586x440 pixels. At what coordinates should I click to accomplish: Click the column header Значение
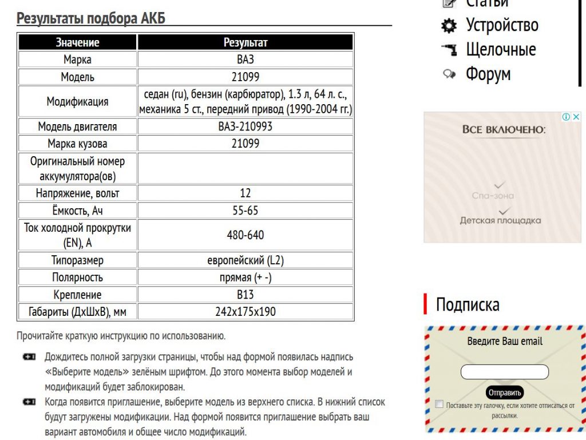coord(77,42)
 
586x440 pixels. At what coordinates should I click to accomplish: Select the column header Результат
coord(245,42)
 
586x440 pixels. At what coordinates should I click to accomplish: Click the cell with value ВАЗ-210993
coord(245,126)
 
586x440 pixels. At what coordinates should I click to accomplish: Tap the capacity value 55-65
coord(245,211)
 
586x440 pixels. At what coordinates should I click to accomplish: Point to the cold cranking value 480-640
coord(245,235)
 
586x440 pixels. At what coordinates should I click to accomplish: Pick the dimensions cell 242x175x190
coord(245,312)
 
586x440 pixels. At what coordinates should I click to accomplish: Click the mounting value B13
coord(245,295)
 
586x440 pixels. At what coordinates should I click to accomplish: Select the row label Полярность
coord(77,278)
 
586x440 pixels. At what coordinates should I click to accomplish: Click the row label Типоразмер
coord(77,260)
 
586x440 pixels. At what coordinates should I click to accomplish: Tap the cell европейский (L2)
coord(245,260)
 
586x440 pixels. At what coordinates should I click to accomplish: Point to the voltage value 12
coord(245,193)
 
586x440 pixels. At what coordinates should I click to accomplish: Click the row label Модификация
coord(77,102)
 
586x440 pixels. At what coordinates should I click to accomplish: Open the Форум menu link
coord(488,74)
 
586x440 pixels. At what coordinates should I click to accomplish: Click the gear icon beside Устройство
coord(449,26)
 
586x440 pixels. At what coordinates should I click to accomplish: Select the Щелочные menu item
coord(501,49)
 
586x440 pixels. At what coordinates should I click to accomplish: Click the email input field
coord(504,372)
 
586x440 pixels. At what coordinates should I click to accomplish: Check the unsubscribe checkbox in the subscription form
coord(439,405)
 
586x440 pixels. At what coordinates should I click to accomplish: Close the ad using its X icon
coord(576,117)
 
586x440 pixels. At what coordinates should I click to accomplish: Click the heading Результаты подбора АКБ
coord(91,18)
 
